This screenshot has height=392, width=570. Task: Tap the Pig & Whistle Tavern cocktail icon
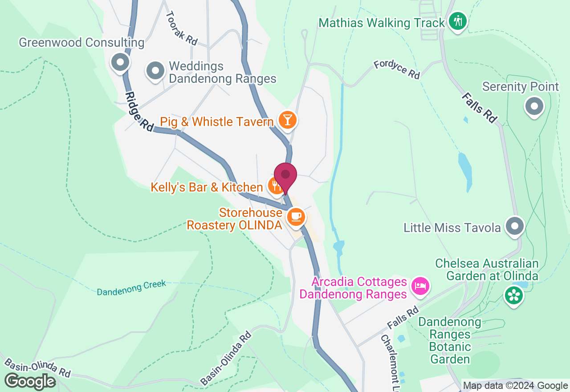click(287, 120)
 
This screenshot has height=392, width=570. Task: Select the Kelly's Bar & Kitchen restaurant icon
click(275, 184)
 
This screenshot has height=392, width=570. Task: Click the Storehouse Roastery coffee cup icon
click(296, 217)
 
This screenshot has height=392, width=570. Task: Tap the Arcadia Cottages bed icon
click(420, 285)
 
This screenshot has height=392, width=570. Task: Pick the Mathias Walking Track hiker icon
click(457, 21)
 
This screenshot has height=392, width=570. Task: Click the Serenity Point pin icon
click(534, 106)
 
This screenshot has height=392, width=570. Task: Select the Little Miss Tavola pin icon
click(515, 226)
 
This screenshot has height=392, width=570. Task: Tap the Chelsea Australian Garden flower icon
click(514, 295)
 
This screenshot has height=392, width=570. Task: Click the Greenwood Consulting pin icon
click(120, 62)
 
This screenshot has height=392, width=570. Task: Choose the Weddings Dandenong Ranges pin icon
click(155, 70)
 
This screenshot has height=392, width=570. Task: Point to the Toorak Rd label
click(181, 28)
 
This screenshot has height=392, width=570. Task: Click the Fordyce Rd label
click(397, 69)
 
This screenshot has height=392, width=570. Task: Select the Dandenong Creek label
click(131, 287)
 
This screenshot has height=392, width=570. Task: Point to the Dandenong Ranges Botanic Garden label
click(450, 340)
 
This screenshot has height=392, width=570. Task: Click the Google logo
click(30, 381)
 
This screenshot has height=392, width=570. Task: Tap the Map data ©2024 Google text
click(515, 386)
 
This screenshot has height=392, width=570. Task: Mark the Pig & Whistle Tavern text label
click(216, 122)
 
